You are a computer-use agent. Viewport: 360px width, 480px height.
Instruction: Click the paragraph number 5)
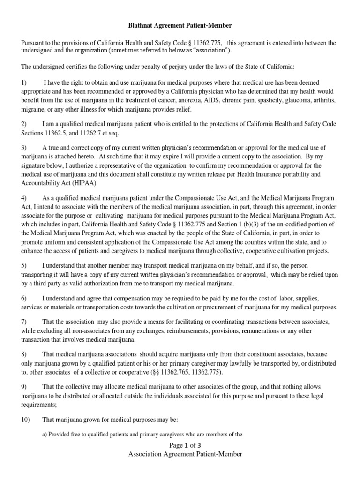pyautogui.click(x=25, y=265)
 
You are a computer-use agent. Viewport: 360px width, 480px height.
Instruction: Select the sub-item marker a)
pyautogui.click(x=45, y=435)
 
